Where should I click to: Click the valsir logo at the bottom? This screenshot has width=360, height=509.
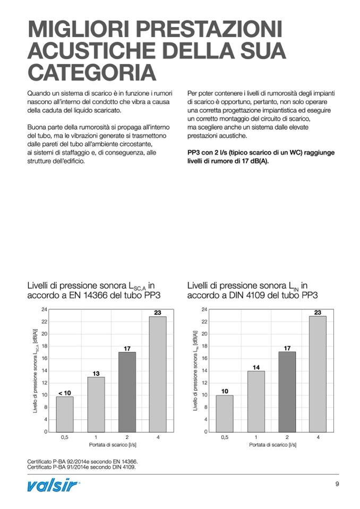(x=54, y=485)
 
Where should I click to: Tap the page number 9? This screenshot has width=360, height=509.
(x=337, y=484)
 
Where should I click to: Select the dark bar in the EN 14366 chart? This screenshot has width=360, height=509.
(x=127, y=392)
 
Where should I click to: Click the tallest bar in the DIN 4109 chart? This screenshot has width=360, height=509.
(x=318, y=374)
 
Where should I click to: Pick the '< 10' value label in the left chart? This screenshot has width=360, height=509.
(x=64, y=393)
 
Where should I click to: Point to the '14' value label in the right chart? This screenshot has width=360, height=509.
(x=256, y=367)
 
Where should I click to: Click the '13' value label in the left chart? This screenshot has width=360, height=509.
(x=96, y=374)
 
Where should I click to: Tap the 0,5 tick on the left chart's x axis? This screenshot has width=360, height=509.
(x=65, y=437)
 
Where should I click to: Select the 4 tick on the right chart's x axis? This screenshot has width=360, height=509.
(x=318, y=437)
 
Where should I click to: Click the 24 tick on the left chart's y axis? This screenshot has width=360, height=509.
(x=45, y=309)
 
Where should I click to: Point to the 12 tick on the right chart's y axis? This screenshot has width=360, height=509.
(x=204, y=383)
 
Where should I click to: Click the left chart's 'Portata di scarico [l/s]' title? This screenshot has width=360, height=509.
(x=112, y=445)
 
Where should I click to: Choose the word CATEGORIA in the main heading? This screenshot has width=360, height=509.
(x=92, y=72)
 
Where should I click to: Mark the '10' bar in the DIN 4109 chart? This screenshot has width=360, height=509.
(x=225, y=413)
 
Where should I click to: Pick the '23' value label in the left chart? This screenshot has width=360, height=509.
(x=158, y=313)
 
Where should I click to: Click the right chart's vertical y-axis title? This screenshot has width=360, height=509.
(x=195, y=370)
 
